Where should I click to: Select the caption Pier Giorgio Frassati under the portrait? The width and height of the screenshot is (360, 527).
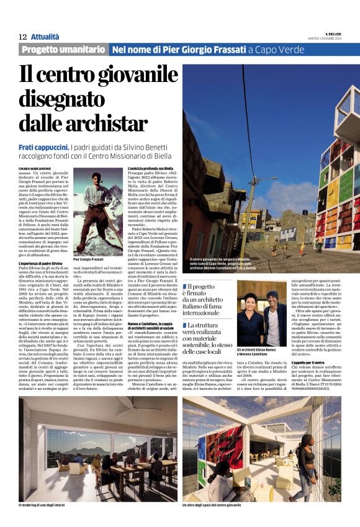(x=90, y=259)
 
